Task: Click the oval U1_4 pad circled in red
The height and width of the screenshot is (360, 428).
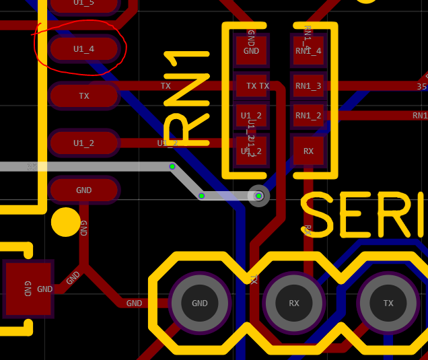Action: point(83,49)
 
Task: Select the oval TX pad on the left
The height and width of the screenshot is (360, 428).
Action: point(83,96)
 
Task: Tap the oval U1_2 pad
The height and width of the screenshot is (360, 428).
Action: point(83,143)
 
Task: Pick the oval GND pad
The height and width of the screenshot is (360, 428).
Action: point(83,190)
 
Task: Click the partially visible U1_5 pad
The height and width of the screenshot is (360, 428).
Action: point(83,4)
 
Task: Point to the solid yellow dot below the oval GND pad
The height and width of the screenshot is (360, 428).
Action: point(65,222)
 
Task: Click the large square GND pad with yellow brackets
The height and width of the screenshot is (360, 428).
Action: point(28,289)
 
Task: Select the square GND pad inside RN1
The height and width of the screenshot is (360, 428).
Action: point(251,50)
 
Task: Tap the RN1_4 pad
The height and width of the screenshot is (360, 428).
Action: point(308,50)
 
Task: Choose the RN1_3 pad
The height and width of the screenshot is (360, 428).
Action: point(308,85)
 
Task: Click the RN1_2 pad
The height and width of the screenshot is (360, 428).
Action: point(308,115)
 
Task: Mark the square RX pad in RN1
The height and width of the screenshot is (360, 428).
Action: point(308,151)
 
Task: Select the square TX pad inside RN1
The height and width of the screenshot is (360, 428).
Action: point(251,85)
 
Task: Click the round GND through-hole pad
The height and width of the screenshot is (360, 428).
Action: point(200,303)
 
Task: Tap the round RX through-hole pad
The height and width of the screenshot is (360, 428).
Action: point(294,303)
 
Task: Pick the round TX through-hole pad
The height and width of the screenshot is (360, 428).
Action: point(388,303)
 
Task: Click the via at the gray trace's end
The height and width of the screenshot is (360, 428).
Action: point(259,196)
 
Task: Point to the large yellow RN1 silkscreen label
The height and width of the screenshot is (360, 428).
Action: point(186,98)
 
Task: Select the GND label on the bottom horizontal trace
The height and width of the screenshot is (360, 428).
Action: point(134,303)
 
